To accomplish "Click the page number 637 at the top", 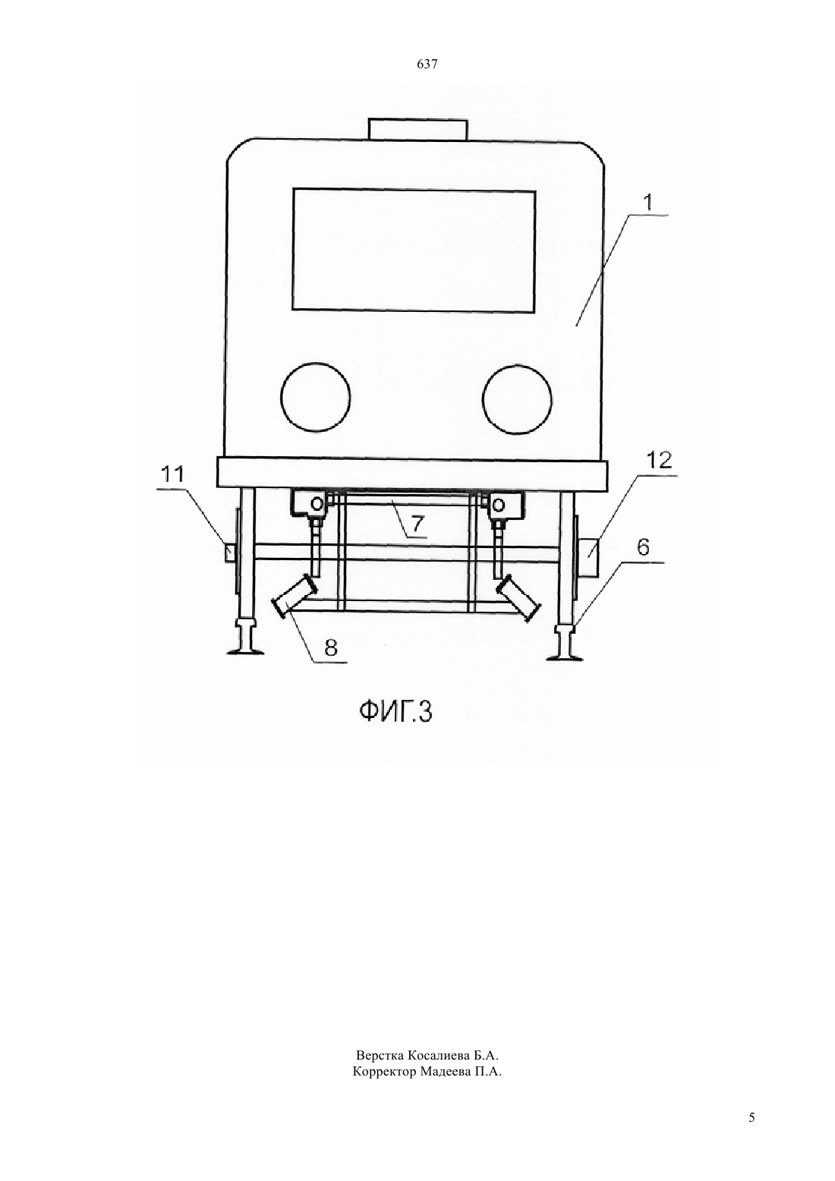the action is pos(427,65).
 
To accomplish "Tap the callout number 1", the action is pos(648,203).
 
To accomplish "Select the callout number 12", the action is pos(659,460).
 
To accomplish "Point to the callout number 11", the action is pos(172,474).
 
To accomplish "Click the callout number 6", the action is pos(643,548).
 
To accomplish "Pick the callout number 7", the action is pos(417,524).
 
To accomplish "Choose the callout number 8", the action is pos(330,647).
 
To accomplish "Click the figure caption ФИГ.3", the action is pos(396,712).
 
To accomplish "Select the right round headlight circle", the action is pos(517,398).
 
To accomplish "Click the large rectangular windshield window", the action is pos(414,250).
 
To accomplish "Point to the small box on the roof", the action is pos(418,128).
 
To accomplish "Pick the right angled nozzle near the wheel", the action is pos(521,600).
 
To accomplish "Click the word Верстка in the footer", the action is pos(380,1056).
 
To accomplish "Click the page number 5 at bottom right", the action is pos(751,1132).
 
